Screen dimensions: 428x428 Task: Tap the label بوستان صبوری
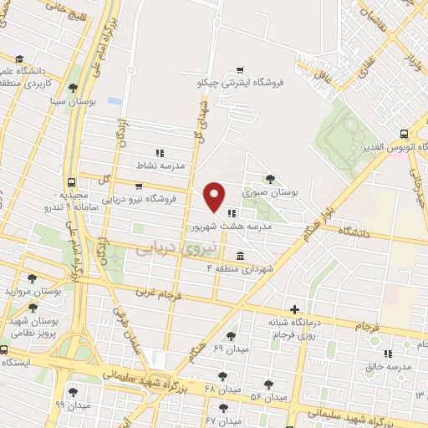[271, 192]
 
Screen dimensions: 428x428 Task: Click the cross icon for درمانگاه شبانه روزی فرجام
[293, 309]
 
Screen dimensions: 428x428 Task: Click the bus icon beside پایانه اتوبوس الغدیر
[405, 133]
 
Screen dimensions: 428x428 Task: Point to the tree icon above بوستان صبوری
[269, 178]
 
